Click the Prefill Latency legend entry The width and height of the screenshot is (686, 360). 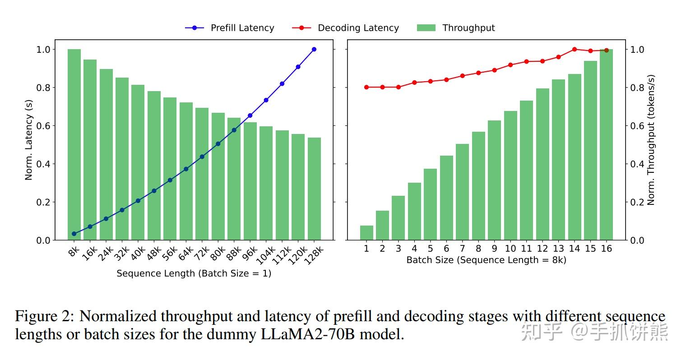click(x=230, y=28)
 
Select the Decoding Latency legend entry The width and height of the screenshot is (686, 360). click(x=346, y=28)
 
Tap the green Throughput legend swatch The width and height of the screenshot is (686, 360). click(x=426, y=28)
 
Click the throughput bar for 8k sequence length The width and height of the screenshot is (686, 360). click(x=74, y=144)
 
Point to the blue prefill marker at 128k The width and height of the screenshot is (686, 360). click(x=314, y=49)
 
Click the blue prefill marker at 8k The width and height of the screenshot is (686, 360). click(x=74, y=234)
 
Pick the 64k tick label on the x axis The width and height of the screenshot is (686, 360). click(x=184, y=254)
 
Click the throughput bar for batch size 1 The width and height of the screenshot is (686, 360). click(x=366, y=233)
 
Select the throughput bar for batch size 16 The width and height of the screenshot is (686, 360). click(x=606, y=144)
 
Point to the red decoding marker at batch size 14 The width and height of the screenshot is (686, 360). click(x=575, y=49)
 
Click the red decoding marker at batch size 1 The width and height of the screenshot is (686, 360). click(x=366, y=87)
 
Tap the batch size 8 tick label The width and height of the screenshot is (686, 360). click(x=478, y=249)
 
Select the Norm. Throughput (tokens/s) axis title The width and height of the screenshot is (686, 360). click(x=650, y=140)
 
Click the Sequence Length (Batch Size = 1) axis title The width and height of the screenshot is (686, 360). click(x=194, y=273)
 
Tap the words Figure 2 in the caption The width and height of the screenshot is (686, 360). click(x=44, y=316)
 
